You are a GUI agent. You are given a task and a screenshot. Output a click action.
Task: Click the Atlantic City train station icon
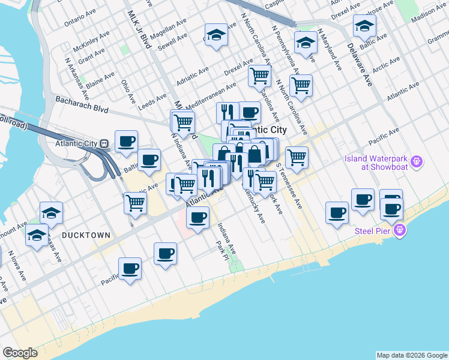click(104, 144)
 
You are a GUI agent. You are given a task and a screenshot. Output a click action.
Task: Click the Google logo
click(20, 353)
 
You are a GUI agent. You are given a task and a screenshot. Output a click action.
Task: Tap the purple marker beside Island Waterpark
click(418, 162)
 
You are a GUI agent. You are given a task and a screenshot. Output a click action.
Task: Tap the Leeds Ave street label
click(152, 101)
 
